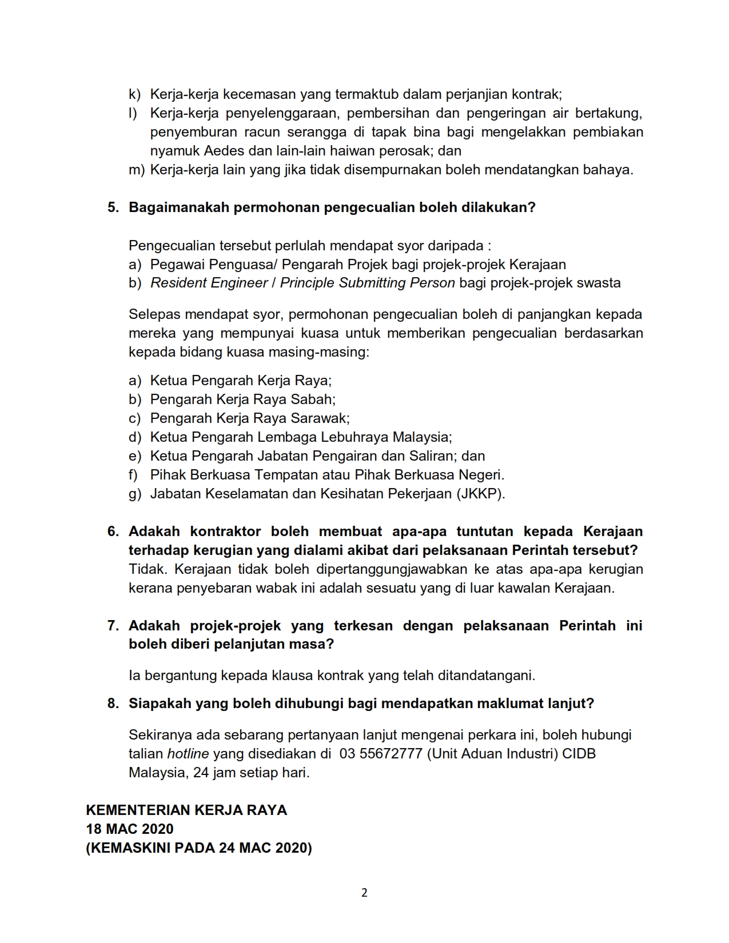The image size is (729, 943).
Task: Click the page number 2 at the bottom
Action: [x=364, y=893]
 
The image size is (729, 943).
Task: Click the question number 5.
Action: [x=113, y=207]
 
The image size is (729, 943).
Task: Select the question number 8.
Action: [x=113, y=704]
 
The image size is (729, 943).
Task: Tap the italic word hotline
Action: [x=188, y=754]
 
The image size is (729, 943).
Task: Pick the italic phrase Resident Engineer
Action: [x=209, y=283]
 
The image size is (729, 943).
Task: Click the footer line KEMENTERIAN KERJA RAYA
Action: [x=186, y=810]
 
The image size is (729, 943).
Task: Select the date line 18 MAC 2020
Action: [x=130, y=829]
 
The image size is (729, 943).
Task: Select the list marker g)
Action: [x=135, y=494]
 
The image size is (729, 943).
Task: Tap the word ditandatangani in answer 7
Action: [x=486, y=676]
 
